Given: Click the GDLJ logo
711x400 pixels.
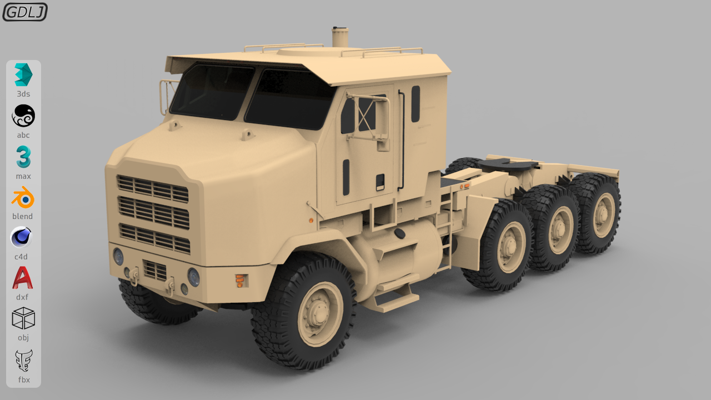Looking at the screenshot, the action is point(25,12).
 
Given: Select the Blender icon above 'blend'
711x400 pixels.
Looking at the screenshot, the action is point(23,198).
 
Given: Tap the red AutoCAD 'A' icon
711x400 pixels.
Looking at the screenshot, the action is point(23,278).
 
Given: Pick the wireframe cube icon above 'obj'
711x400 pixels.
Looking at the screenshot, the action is point(23,318).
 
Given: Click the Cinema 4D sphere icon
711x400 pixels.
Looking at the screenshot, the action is point(21,237).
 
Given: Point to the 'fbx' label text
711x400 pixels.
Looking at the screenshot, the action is point(24,379).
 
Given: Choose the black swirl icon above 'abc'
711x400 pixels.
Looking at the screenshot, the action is point(23,116).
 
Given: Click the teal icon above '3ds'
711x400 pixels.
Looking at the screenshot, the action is point(23,74).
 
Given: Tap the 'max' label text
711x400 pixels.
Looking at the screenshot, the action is point(23,176).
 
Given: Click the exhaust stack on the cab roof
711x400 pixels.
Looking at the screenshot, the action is point(340,37).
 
